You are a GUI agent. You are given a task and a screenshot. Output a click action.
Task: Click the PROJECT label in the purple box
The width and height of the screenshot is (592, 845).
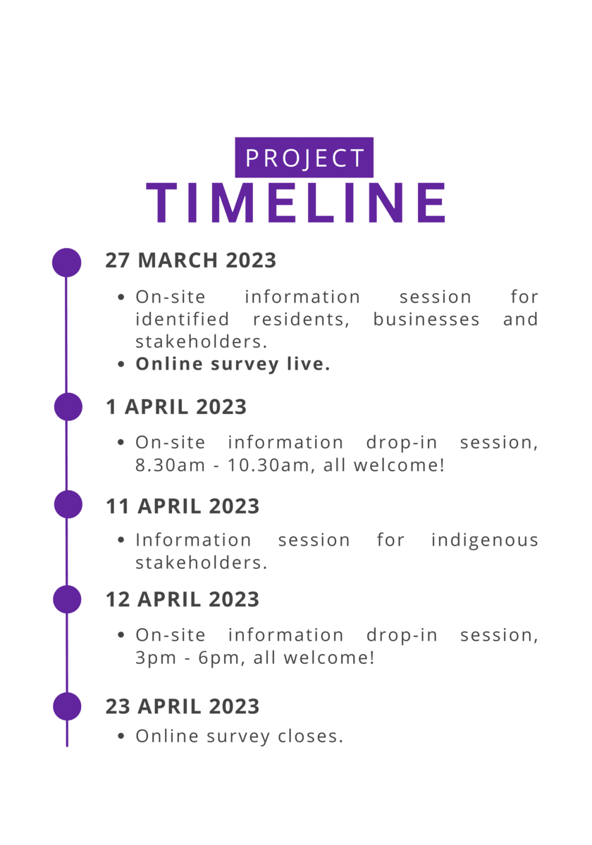click(x=304, y=158)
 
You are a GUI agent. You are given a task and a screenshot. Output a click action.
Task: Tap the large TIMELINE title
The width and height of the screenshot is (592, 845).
click(x=296, y=203)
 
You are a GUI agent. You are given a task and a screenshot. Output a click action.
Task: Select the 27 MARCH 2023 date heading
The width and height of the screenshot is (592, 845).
click(x=191, y=261)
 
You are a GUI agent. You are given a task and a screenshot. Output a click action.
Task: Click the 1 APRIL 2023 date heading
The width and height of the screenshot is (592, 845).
click(x=176, y=407)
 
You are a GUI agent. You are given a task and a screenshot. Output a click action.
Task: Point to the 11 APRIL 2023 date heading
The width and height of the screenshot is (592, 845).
click(x=183, y=506)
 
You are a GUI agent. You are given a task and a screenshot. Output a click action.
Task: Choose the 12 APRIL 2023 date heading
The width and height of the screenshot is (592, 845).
click(x=183, y=599)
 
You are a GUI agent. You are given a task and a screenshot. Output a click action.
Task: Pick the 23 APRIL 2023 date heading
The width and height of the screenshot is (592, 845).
click(x=183, y=706)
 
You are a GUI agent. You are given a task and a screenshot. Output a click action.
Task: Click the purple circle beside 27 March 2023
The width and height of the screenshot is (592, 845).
click(x=66, y=263)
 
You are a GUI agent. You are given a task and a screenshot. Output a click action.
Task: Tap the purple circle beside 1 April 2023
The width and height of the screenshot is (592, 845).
click(x=68, y=407)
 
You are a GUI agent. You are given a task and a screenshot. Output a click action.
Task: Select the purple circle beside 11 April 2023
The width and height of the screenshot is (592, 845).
click(x=68, y=504)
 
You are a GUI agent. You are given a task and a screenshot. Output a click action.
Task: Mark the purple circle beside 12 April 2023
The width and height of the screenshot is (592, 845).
click(x=67, y=599)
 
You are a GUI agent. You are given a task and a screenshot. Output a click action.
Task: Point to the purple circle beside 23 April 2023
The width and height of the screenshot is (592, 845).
click(x=67, y=706)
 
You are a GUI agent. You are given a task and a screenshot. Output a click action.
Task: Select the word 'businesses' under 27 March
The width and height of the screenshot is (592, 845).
click(x=426, y=319)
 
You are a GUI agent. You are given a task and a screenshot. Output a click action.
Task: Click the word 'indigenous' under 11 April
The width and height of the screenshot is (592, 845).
click(x=485, y=541)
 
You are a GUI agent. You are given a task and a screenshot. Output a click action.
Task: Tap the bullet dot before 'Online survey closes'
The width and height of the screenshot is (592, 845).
click(x=121, y=737)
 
